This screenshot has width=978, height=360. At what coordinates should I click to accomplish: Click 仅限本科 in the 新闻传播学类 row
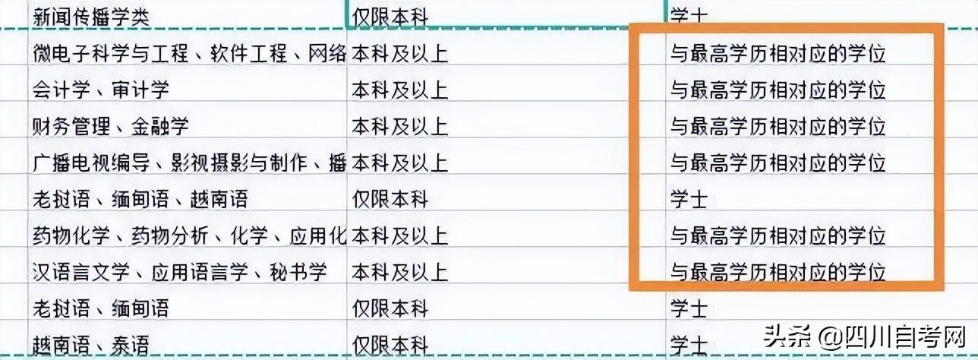click(390, 16)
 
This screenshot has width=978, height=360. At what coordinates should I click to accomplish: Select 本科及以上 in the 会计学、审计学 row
click(399, 90)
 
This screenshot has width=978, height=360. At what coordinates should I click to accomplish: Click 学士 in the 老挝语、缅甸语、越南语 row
click(688, 199)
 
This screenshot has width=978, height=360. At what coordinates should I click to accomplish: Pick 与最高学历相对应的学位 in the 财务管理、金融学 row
click(778, 126)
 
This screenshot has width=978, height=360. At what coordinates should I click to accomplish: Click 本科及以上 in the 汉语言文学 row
click(399, 272)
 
